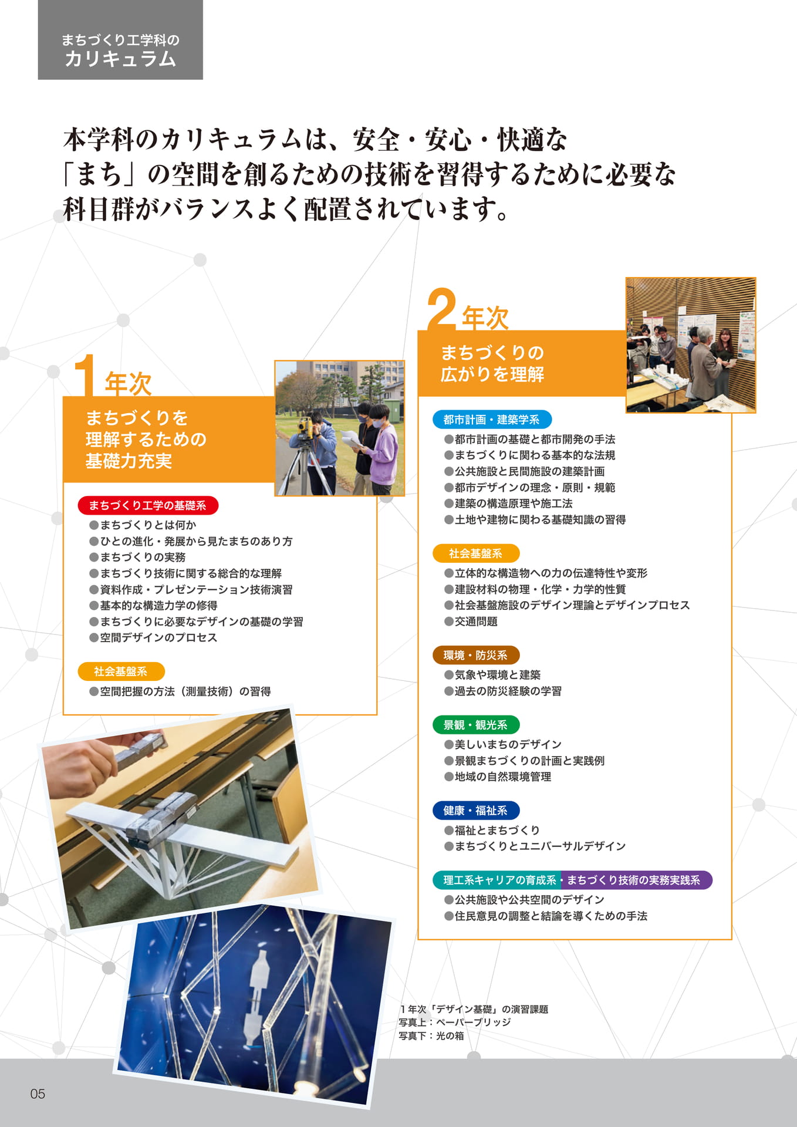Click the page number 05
[x=38, y=1094]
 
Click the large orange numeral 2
[x=441, y=309]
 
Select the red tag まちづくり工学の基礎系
[x=148, y=505]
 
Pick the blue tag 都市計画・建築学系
[x=492, y=420]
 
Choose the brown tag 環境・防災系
[x=476, y=655]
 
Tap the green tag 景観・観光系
[x=476, y=725]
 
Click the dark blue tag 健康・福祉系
[x=476, y=811]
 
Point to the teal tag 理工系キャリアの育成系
[x=498, y=880]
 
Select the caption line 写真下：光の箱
[x=431, y=1036]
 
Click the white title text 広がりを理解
[x=492, y=374]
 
